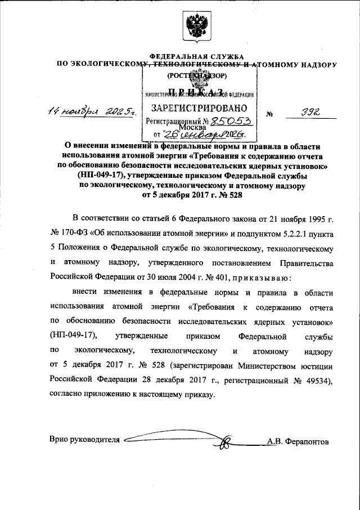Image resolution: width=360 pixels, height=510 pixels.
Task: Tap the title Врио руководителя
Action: tap(84, 440)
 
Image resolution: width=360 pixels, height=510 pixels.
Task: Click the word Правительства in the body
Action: tap(303, 263)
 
